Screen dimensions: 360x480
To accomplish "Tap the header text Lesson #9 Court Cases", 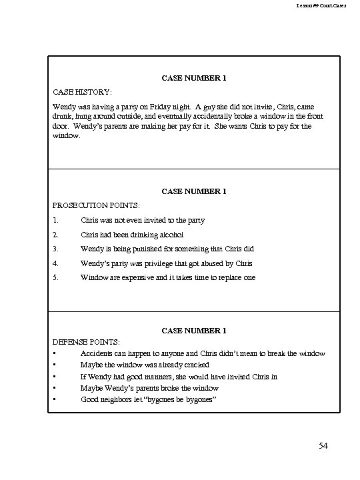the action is coord(326,6).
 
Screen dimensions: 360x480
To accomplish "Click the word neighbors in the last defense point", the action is coord(120,399).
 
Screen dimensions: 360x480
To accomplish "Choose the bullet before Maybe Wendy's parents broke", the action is coord(53,387).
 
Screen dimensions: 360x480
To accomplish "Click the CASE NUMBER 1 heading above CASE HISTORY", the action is coord(194,78).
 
